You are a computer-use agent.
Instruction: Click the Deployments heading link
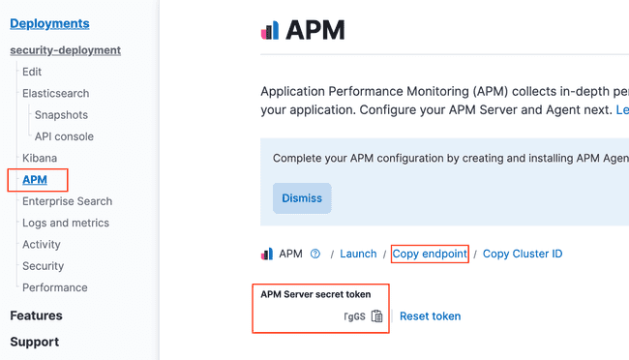coord(49,23)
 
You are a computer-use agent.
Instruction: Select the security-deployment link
coord(65,50)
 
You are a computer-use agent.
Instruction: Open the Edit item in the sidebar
coord(32,72)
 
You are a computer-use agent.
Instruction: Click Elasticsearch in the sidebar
coord(55,94)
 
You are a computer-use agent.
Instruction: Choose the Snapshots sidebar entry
coord(61,115)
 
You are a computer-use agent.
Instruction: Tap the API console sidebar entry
coord(64,136)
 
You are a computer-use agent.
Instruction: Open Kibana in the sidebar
coord(40,158)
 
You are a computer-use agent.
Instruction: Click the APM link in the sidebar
coord(35,180)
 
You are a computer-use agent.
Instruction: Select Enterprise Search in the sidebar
coord(67,201)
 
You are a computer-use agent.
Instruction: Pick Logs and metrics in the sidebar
coord(66,223)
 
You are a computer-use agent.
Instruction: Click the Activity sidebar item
coord(42,245)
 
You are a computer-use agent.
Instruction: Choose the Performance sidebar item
coord(55,287)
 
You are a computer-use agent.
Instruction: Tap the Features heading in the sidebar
coord(36,315)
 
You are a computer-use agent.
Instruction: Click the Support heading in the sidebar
coord(34,342)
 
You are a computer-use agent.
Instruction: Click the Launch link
coord(358,254)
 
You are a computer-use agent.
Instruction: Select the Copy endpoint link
coord(430,254)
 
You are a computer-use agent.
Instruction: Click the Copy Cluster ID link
coord(523,254)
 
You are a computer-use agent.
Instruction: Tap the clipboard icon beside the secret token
coord(377,316)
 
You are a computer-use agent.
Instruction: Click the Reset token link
coord(430,316)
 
